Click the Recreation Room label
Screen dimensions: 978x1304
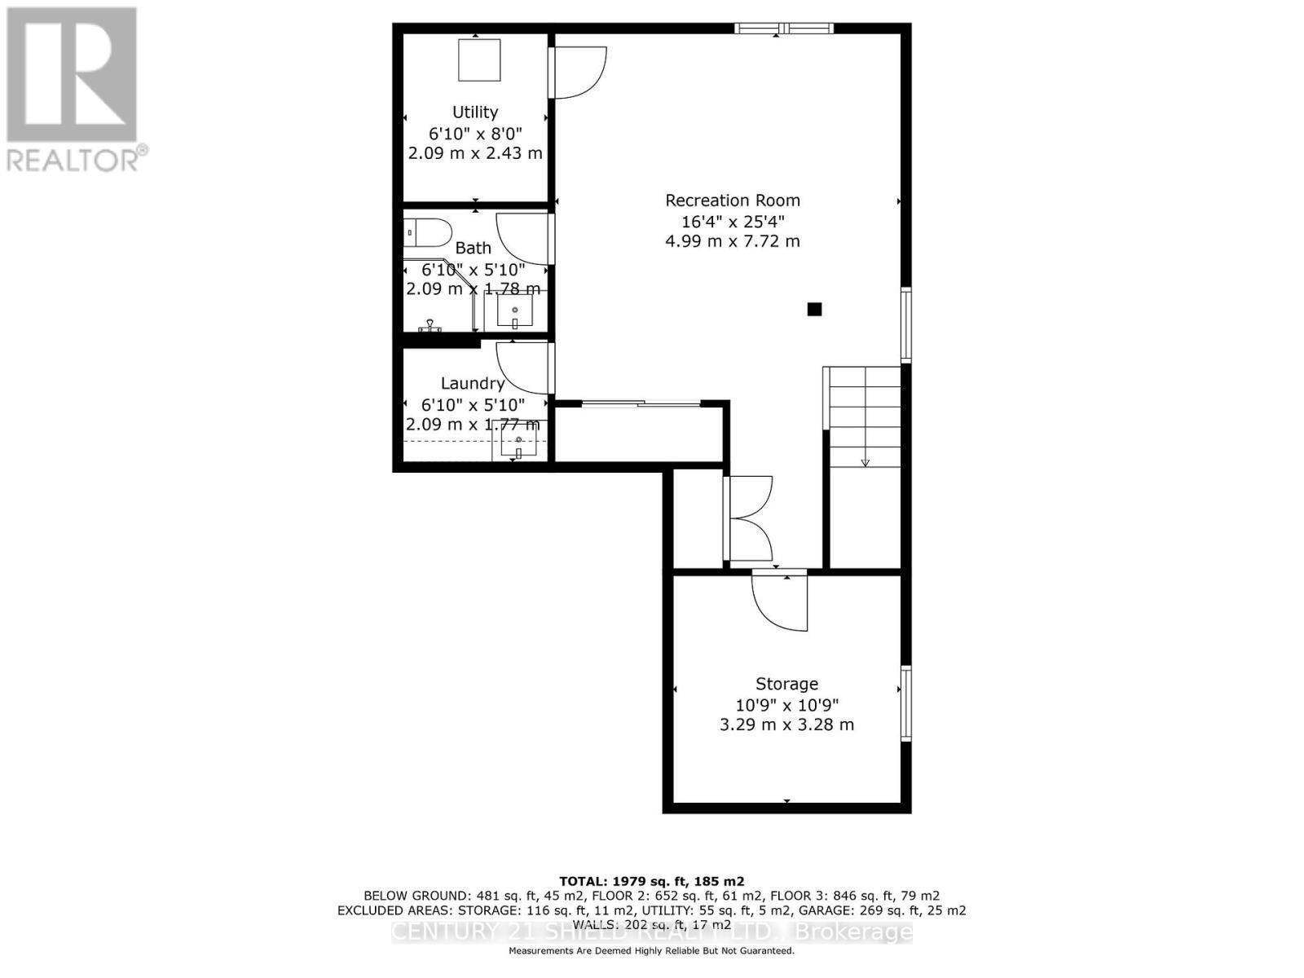click(x=732, y=200)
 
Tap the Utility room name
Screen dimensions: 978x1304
click(x=475, y=112)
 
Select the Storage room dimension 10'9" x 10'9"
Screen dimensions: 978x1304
click(x=786, y=705)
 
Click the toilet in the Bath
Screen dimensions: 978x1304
click(x=427, y=233)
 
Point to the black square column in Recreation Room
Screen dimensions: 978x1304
click(x=814, y=309)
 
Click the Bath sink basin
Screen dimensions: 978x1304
click(x=515, y=311)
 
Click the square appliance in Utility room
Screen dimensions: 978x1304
click(x=479, y=59)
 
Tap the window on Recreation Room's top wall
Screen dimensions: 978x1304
click(x=783, y=29)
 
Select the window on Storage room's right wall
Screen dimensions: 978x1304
click(x=905, y=703)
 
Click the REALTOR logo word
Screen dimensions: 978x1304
click(x=77, y=158)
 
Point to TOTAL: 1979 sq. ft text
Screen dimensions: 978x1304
click(x=651, y=881)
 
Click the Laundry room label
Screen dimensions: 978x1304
click(x=473, y=383)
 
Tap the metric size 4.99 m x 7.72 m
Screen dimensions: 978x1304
click(x=732, y=241)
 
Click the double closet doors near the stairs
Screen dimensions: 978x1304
click(x=748, y=518)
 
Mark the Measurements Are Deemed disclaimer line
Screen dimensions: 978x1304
click(x=651, y=951)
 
